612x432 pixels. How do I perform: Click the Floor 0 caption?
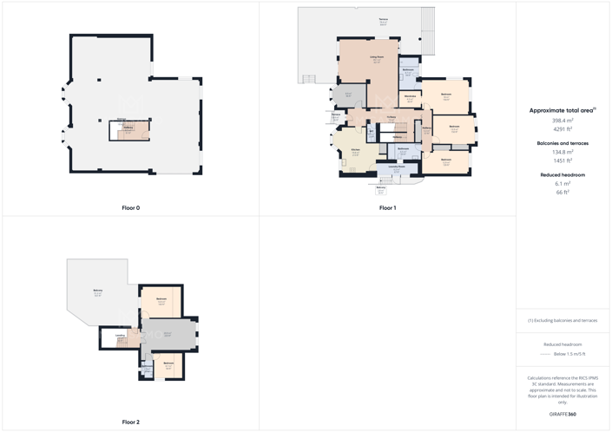[x=130, y=208]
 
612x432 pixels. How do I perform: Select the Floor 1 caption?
[x=387, y=208]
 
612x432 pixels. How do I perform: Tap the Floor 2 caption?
[x=130, y=422]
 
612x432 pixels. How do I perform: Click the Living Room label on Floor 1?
[x=376, y=57]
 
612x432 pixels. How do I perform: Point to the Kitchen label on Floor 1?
[x=356, y=150]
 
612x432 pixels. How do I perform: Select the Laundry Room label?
[x=397, y=167]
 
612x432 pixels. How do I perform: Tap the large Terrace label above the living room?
[x=383, y=20]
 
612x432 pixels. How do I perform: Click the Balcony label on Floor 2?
[x=97, y=291]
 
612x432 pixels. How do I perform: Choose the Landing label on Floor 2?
[x=121, y=335]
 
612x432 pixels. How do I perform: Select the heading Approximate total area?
[x=563, y=110]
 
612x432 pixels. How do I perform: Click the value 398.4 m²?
[x=563, y=121]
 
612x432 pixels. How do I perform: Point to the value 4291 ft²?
[x=563, y=129]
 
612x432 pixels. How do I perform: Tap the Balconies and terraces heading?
[x=563, y=142]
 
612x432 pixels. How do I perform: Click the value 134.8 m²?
[x=563, y=152]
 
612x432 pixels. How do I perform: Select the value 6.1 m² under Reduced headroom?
[x=563, y=184]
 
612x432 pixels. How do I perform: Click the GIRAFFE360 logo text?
[x=563, y=415]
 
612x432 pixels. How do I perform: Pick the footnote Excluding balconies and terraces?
[x=563, y=321]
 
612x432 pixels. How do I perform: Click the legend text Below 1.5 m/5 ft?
[x=569, y=354]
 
